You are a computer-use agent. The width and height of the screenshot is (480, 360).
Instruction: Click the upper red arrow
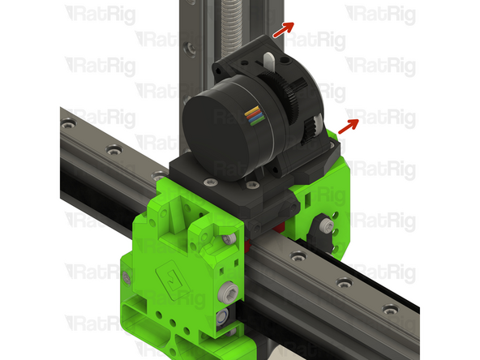tap(281, 30)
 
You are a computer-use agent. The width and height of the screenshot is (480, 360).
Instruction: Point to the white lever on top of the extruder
tap(268, 62)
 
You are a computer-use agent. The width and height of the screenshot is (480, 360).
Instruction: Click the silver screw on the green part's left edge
tap(128, 278)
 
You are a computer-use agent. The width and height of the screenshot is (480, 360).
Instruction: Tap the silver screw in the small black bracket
tap(326, 224)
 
